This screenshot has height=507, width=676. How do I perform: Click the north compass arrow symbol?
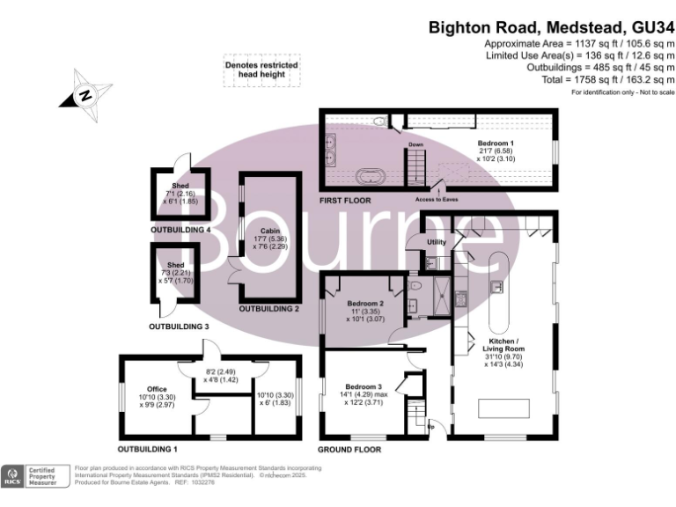(85, 95)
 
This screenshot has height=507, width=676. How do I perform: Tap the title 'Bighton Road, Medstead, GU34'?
(551, 27)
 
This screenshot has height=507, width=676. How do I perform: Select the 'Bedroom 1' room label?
(496, 143)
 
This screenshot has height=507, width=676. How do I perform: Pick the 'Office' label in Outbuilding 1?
(158, 388)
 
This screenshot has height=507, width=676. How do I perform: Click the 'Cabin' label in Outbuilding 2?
(266, 230)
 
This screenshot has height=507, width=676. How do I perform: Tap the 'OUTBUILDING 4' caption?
(180, 230)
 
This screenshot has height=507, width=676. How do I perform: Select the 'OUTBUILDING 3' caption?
(179, 326)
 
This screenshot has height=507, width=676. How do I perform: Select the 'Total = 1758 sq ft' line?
(605, 79)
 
